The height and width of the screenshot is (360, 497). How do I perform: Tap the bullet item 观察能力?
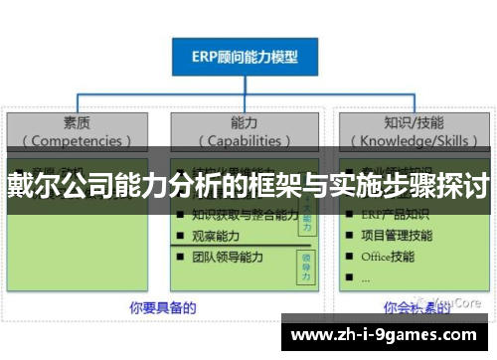click(x=215, y=235)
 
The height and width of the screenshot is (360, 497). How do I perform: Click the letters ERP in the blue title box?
click(x=205, y=59)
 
